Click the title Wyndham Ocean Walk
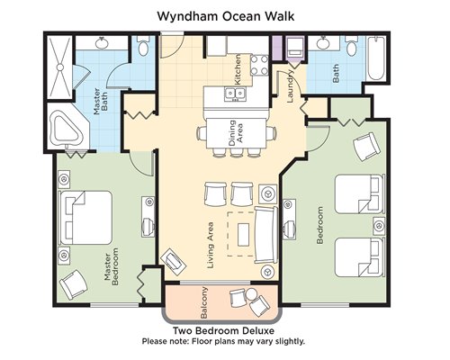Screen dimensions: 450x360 tap(226, 16)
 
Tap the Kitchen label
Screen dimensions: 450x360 tap(238, 69)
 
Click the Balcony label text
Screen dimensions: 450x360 tap(204, 303)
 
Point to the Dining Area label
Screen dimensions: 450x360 tap(236, 133)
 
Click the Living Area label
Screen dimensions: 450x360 tap(211, 245)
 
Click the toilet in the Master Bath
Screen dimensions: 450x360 tap(144, 46)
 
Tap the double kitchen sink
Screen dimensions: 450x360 tap(235, 94)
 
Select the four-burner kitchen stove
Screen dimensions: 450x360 tap(259, 65)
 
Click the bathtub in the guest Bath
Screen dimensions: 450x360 tap(376, 58)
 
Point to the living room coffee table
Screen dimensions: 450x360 tap(243, 234)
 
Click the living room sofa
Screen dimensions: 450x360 tap(266, 235)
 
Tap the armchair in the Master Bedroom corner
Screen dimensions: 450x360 tap(74, 284)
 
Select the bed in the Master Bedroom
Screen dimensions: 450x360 tap(85, 218)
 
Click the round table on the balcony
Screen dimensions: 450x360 tap(251, 293)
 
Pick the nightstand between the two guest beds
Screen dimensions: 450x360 tap(379, 225)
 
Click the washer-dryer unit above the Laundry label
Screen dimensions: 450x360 tap(295, 49)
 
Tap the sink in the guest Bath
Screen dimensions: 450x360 tap(324, 43)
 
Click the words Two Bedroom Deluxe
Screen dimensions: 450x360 tap(223, 331)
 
